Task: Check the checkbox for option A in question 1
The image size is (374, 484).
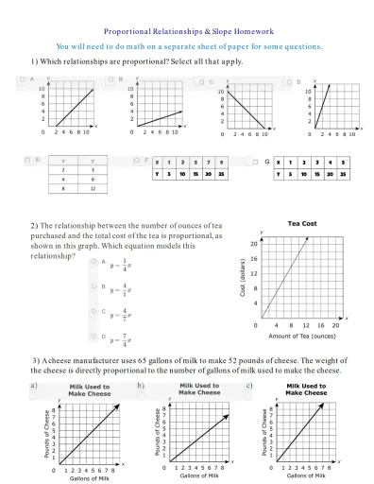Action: tap(23, 80)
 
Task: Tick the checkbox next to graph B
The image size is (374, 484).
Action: tap(111, 80)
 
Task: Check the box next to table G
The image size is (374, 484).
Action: tap(256, 162)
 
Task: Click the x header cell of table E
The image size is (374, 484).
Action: tap(63, 162)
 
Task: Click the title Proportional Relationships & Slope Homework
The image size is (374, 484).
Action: tap(187, 30)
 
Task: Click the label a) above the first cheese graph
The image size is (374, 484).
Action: tap(34, 386)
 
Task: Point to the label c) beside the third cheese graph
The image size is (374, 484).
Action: tap(247, 386)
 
